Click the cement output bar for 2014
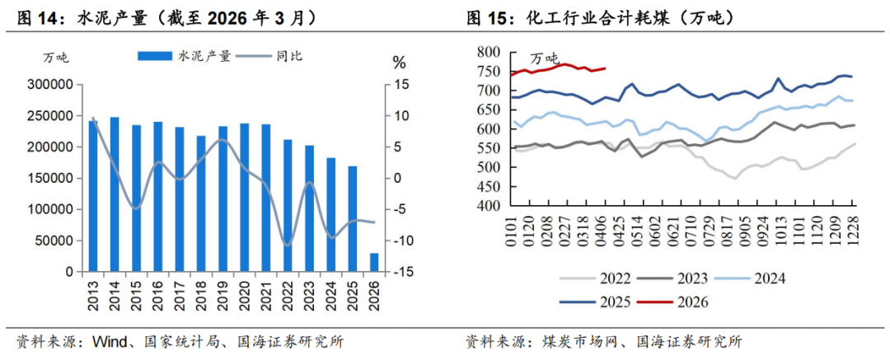(x=115, y=194)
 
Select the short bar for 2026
(x=374, y=262)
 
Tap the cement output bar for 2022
(x=288, y=205)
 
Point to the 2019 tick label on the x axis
(x=222, y=292)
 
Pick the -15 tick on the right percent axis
(x=401, y=272)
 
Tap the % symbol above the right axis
(x=400, y=63)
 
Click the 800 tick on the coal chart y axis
(x=488, y=52)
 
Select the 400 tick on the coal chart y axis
(x=488, y=206)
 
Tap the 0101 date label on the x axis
(x=512, y=231)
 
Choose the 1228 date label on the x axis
(x=851, y=231)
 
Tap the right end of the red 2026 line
(x=606, y=68)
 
